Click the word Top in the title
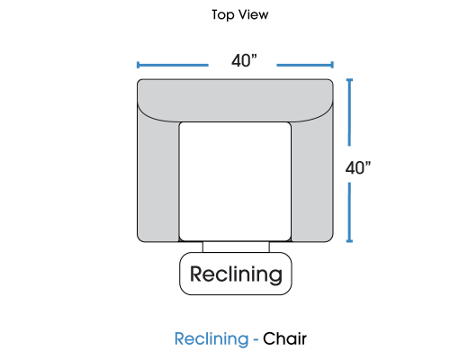(223, 15)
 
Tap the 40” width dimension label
(244, 61)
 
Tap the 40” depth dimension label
(358, 168)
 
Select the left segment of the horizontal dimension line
(173, 65)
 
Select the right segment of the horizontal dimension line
(305, 65)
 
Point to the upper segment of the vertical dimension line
(349, 112)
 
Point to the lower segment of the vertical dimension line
(349, 212)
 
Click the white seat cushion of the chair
(235, 181)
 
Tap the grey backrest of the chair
(235, 99)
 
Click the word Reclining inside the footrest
(236, 274)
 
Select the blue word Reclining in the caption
(211, 339)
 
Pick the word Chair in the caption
(284, 338)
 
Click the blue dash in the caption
(256, 340)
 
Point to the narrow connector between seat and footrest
(236, 247)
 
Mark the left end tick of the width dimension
(138, 65)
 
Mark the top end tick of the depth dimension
(349, 80)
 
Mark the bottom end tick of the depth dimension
(349, 241)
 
